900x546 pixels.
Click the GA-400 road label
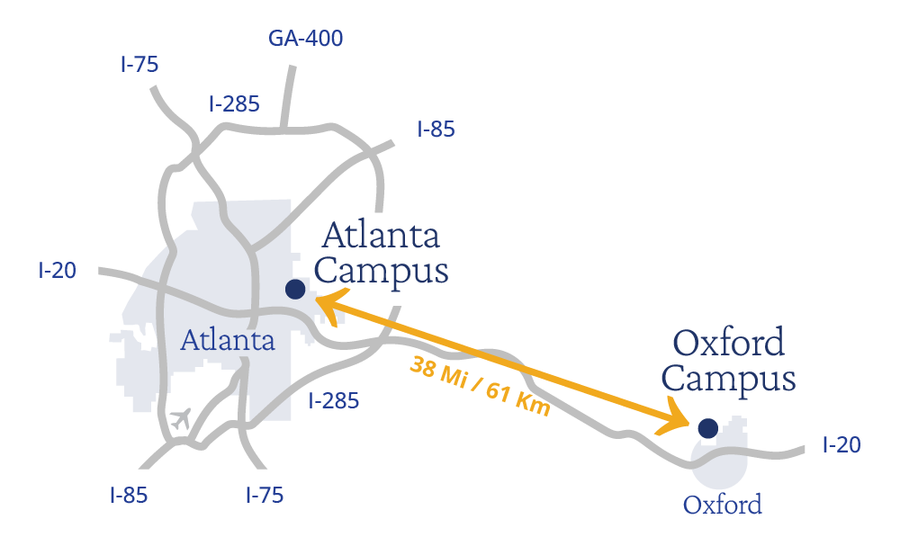click(x=306, y=39)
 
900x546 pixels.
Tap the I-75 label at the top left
click(x=139, y=65)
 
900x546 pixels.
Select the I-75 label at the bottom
click(x=265, y=495)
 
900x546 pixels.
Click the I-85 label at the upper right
click(x=436, y=130)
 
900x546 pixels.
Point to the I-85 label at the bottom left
click(x=129, y=495)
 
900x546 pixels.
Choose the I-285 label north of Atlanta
click(x=234, y=104)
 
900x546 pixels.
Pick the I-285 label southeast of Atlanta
click(x=333, y=400)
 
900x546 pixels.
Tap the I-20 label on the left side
click(x=58, y=270)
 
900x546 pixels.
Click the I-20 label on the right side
click(x=842, y=444)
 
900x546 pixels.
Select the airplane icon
click(x=181, y=418)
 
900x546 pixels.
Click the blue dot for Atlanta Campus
click(x=294, y=289)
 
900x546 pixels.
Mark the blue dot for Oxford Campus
click(x=707, y=428)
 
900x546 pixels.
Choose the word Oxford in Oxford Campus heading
click(x=729, y=343)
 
